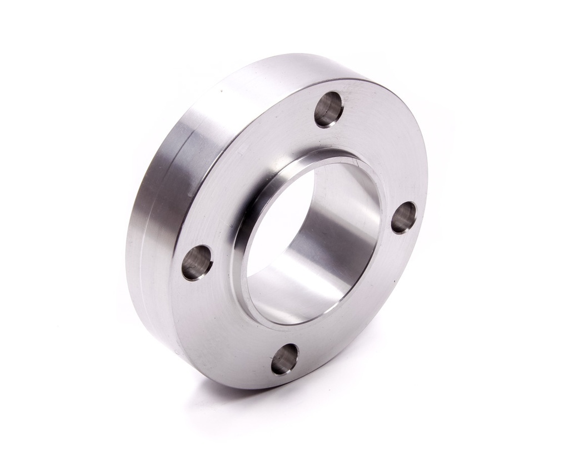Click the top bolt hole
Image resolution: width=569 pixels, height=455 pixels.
pyautogui.click(x=328, y=109)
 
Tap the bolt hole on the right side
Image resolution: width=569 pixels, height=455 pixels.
pyautogui.click(x=403, y=217)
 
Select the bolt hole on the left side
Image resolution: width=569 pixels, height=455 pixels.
pyautogui.click(x=197, y=262)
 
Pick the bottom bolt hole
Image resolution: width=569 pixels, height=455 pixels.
pyautogui.click(x=284, y=359)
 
